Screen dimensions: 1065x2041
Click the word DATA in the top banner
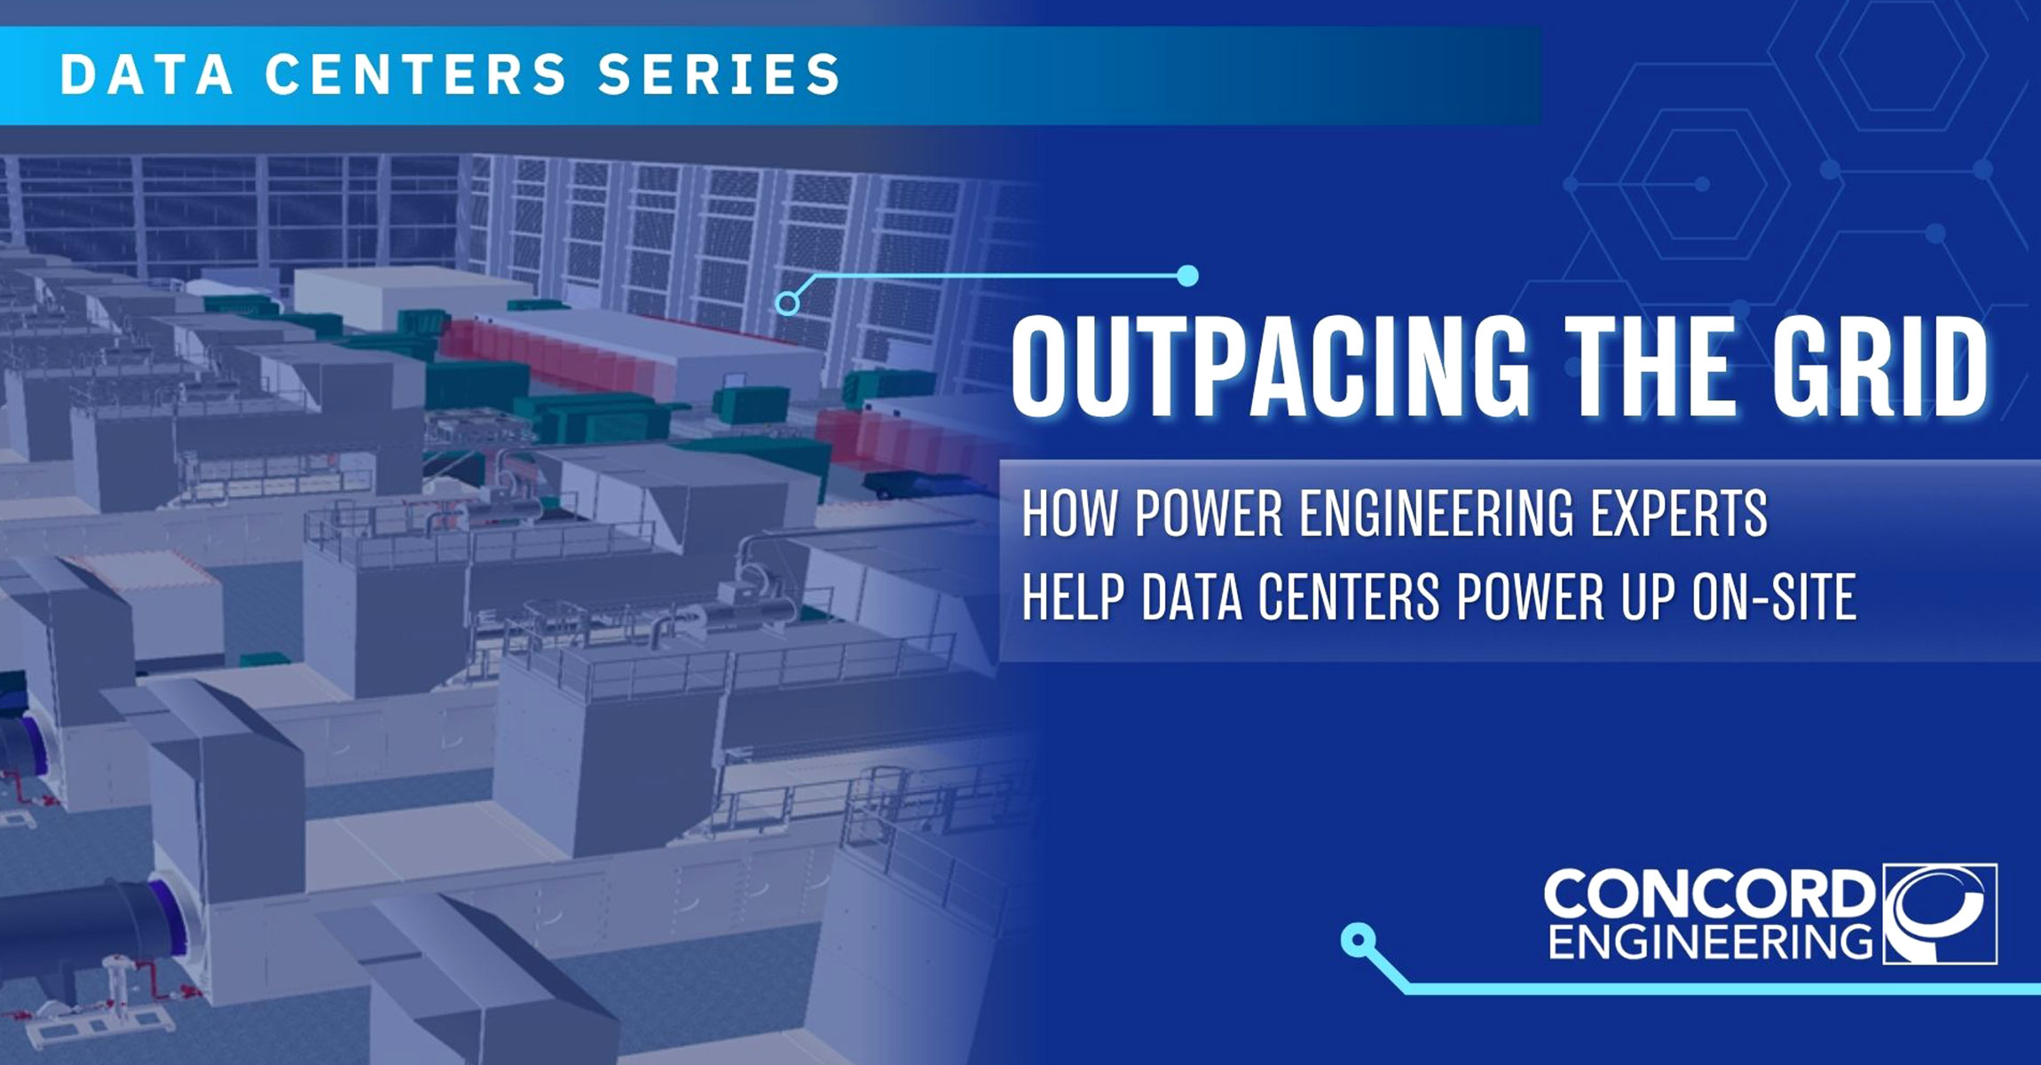pyautogui.click(x=146, y=74)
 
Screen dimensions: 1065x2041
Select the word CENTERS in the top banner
pyautogui.click(x=416, y=74)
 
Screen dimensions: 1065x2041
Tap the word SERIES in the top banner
pyautogui.click(x=720, y=74)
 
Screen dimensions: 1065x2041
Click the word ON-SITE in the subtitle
pyautogui.click(x=1774, y=596)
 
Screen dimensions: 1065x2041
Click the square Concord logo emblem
pyautogui.click(x=1940, y=913)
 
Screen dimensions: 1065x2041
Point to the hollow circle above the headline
pyautogui.click(x=787, y=304)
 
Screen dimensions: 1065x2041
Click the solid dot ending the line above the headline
pyautogui.click(x=1187, y=276)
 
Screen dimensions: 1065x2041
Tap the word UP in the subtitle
pyautogui.click(x=1647, y=596)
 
